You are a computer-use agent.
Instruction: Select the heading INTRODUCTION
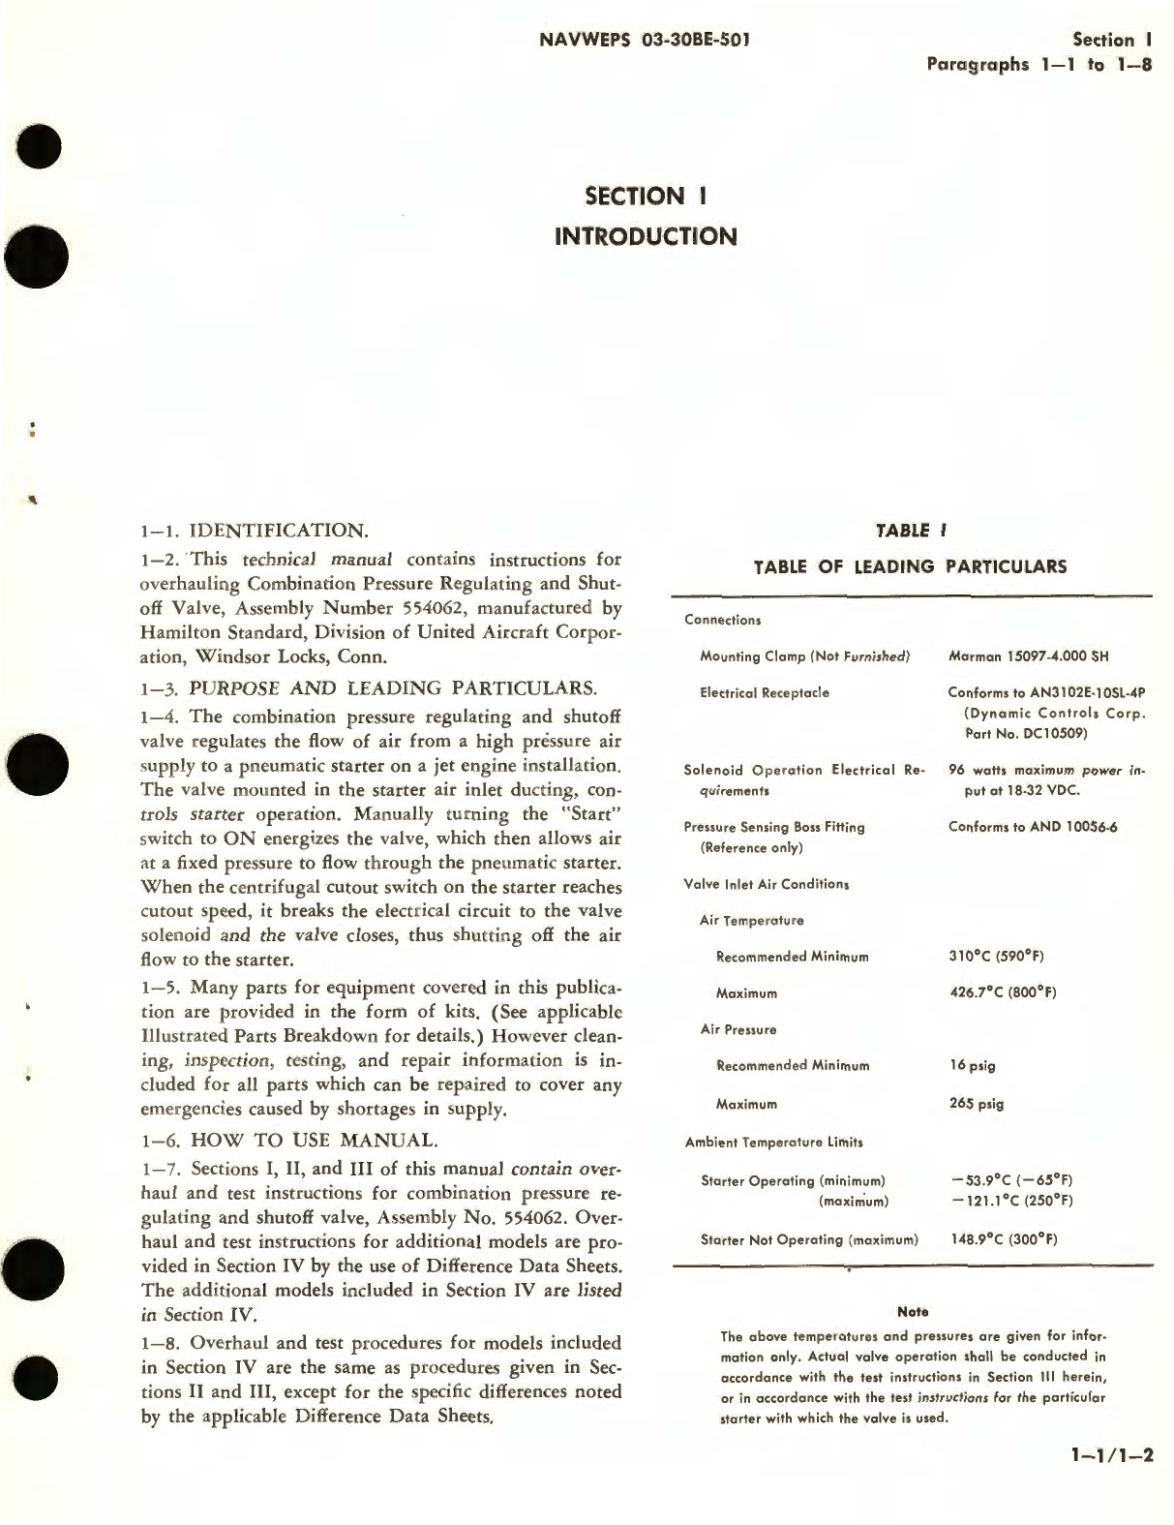point(647,235)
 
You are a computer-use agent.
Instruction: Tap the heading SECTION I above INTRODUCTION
point(647,196)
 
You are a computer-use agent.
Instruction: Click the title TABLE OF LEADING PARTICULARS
point(910,566)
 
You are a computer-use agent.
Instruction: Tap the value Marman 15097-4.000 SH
point(1028,656)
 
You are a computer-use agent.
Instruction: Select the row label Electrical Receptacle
point(765,693)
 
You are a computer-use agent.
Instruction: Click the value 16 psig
point(972,1066)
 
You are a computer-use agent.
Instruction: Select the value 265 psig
point(976,1104)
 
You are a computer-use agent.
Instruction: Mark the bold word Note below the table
point(913,1312)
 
